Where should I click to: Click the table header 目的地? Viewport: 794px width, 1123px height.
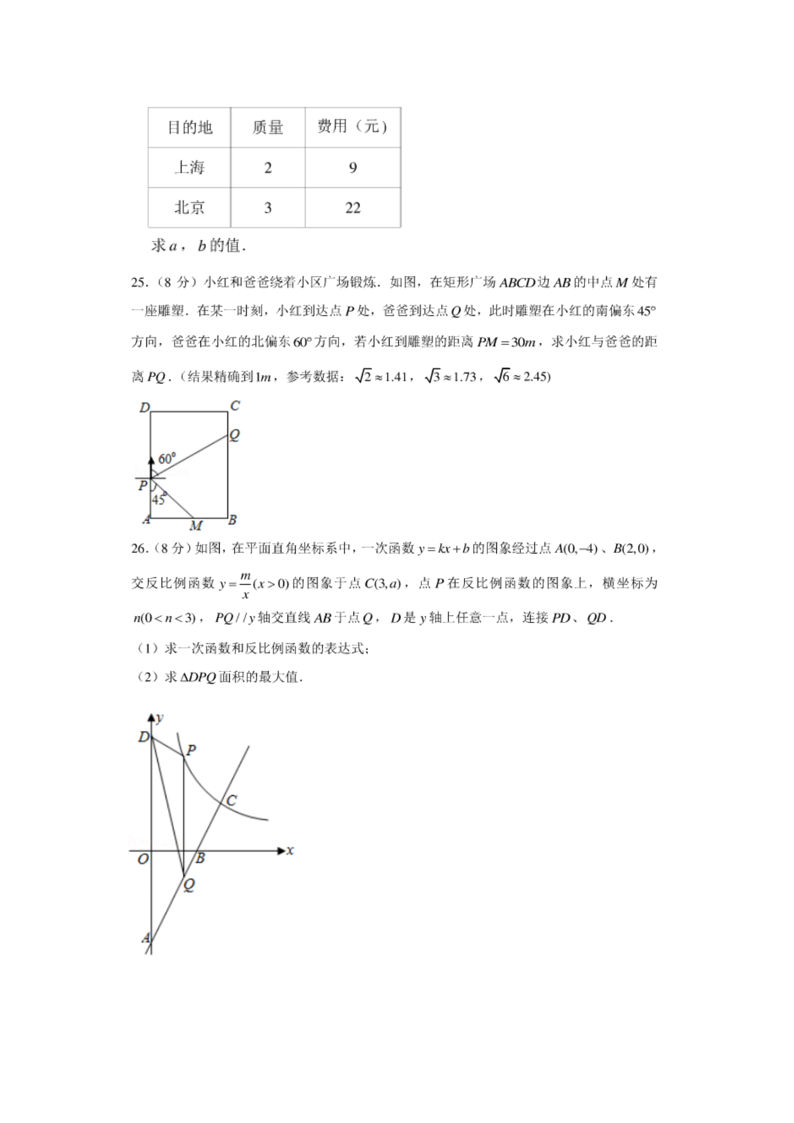(x=190, y=127)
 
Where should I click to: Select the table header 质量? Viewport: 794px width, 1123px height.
(x=268, y=127)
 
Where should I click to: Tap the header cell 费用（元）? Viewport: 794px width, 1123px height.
(x=352, y=126)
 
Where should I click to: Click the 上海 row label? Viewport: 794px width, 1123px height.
(x=190, y=167)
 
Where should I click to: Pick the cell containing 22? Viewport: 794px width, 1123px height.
(x=353, y=208)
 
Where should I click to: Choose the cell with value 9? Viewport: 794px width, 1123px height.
(x=353, y=167)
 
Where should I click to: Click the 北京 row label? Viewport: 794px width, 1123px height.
(x=190, y=208)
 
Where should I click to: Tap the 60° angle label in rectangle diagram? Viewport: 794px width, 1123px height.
(x=167, y=459)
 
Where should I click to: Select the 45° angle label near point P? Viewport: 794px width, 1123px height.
(x=158, y=499)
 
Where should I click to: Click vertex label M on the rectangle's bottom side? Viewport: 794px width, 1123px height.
(x=196, y=526)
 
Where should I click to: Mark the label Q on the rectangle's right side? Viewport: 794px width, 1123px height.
(x=235, y=435)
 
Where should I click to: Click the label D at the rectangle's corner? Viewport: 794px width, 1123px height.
(x=145, y=408)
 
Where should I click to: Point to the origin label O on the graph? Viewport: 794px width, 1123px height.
(x=143, y=859)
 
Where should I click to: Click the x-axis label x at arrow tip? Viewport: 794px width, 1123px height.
(x=290, y=851)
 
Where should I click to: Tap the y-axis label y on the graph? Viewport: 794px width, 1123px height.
(x=160, y=718)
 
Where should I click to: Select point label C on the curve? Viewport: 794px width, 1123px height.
(x=232, y=800)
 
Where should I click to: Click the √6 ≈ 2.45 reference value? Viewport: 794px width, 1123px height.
(x=522, y=376)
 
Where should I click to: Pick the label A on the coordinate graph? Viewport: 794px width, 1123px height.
(x=146, y=938)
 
